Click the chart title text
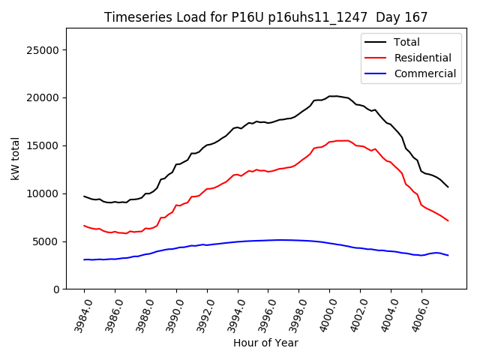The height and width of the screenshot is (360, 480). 266,17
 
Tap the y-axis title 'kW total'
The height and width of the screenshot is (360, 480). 15,158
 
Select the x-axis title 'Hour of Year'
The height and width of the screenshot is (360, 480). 265,343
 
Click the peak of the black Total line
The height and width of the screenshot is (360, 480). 334,96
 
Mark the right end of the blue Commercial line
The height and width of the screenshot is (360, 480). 448,256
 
